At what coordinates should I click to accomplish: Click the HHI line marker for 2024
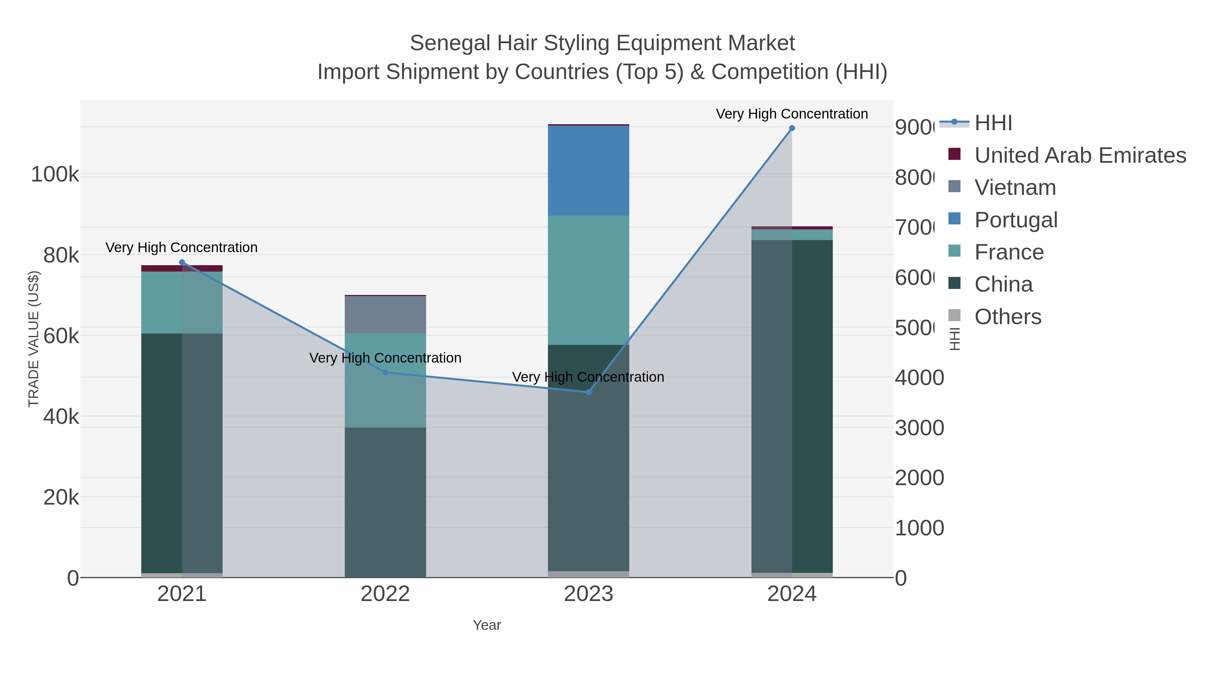pos(792,128)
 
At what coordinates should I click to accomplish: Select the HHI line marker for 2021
pos(182,262)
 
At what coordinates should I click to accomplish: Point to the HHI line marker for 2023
pos(588,392)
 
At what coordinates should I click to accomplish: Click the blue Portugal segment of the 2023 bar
pos(588,171)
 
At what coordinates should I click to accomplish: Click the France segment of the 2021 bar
pos(161,302)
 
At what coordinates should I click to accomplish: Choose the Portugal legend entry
pos(1016,220)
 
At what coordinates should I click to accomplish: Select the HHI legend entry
pos(993,123)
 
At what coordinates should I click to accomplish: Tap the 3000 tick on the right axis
pos(919,428)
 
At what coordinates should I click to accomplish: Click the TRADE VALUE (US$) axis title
pos(34,339)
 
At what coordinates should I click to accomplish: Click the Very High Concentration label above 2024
pos(792,114)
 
